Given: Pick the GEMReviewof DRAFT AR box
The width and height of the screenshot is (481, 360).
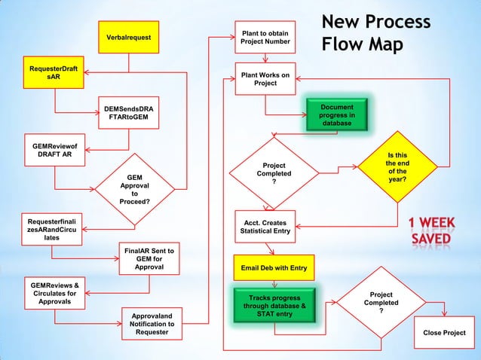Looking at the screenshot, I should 54,150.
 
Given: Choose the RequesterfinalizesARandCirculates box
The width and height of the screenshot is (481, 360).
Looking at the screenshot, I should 52,230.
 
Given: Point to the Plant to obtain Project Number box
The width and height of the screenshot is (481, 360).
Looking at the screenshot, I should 264,37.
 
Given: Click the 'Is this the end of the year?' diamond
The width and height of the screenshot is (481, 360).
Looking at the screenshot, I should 397,169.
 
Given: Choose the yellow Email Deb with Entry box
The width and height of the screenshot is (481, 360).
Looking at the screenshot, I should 274,267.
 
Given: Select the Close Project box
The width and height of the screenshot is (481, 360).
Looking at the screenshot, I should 444,333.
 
